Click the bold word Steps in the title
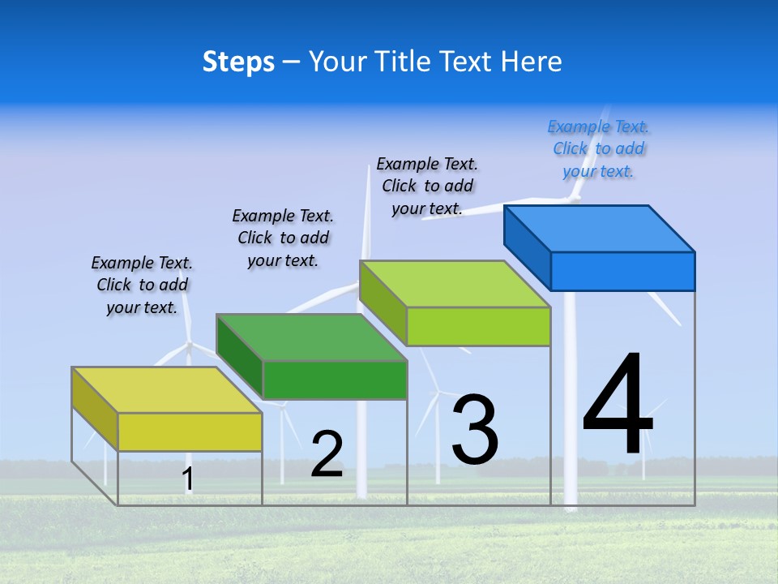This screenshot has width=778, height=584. click(x=238, y=62)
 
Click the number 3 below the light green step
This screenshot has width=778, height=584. click(x=474, y=430)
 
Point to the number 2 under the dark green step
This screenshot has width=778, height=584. click(x=327, y=454)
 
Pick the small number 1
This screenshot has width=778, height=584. click(x=188, y=479)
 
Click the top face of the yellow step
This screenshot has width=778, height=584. click(x=166, y=390)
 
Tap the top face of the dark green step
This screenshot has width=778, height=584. click(x=311, y=337)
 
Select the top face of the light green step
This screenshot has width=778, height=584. click(x=455, y=284)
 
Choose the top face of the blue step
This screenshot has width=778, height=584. click(x=600, y=229)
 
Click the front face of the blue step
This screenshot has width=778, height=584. click(x=622, y=271)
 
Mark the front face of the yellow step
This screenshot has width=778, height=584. click(x=190, y=432)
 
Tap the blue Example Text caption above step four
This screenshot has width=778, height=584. click(x=599, y=149)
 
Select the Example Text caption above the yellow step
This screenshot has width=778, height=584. click(x=142, y=285)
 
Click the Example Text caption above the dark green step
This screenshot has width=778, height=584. click(x=283, y=238)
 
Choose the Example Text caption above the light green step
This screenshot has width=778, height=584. click(x=427, y=186)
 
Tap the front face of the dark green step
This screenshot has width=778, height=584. click(x=335, y=380)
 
